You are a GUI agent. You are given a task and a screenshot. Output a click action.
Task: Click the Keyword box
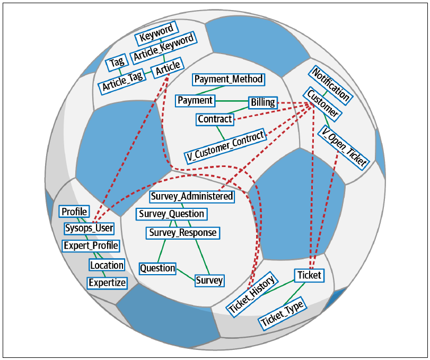(x=157, y=33)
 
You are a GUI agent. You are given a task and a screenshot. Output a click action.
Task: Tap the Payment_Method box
(x=229, y=79)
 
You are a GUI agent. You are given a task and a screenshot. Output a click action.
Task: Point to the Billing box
(x=263, y=102)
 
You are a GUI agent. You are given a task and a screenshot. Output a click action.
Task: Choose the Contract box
(x=215, y=119)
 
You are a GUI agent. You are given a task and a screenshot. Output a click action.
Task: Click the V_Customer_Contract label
(x=225, y=146)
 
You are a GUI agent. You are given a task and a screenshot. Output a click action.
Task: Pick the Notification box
(x=331, y=85)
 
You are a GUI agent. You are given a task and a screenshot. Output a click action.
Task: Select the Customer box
(x=322, y=104)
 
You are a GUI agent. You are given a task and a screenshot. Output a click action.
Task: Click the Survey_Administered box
(x=192, y=197)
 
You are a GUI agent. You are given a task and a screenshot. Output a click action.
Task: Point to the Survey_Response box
(x=183, y=233)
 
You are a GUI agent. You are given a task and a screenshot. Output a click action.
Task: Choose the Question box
(x=157, y=268)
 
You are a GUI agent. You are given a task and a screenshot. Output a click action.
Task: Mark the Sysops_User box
(x=89, y=228)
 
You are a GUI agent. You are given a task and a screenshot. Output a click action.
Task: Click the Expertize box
(x=107, y=283)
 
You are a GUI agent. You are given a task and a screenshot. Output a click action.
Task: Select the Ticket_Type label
(x=282, y=313)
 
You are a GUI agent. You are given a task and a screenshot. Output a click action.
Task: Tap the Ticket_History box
(x=252, y=294)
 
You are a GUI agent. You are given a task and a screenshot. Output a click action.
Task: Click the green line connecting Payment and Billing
(x=232, y=101)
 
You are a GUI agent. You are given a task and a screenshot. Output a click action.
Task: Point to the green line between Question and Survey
(x=186, y=275)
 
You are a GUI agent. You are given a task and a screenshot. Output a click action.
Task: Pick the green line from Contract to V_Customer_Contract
(x=221, y=133)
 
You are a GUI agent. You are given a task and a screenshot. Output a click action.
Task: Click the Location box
(x=107, y=265)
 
